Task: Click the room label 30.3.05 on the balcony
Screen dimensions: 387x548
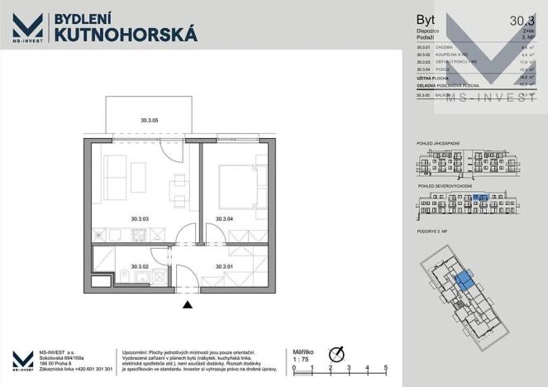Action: (150, 121)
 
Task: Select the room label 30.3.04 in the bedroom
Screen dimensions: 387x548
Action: (224, 219)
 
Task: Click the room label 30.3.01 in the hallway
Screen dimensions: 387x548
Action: (224, 266)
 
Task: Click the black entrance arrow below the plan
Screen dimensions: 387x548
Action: (188, 305)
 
